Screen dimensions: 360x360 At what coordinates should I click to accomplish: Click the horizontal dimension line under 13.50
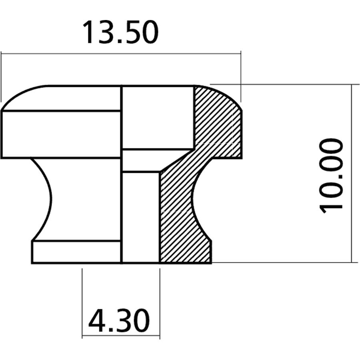[x=120, y=52]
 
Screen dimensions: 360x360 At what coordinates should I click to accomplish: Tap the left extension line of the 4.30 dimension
[x=82, y=300]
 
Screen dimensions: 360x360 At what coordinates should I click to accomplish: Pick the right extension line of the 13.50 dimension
[x=241, y=76]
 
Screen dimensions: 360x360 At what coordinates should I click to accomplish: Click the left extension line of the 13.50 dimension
[x=1, y=76]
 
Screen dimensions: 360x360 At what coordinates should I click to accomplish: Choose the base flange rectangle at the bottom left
[x=76, y=252]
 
